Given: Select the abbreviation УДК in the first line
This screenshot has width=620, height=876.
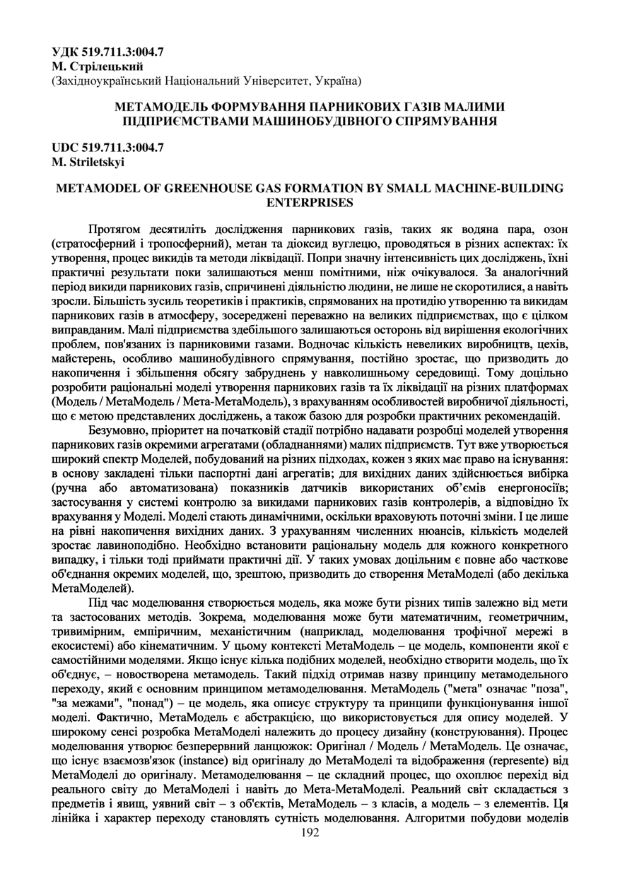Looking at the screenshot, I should click(x=66, y=52).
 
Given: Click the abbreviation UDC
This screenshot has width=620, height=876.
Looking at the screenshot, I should click(x=66, y=148).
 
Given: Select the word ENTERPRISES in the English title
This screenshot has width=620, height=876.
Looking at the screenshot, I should click(x=310, y=202).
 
